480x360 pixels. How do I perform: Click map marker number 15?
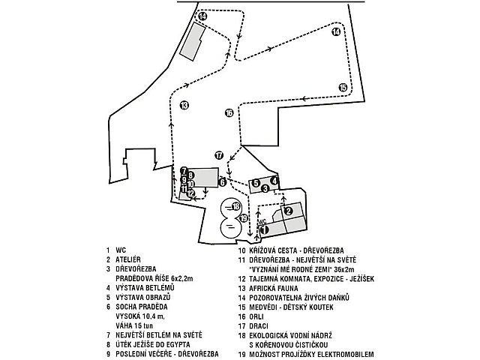(343, 87)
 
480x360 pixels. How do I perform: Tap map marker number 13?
(184, 105)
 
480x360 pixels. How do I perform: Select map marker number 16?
(229, 113)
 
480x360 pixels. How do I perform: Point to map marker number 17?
(219, 155)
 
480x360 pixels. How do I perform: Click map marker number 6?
(222, 181)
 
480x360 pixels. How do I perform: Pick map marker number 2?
(287, 211)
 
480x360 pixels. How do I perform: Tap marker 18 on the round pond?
(235, 205)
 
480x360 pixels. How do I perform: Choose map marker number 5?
(256, 183)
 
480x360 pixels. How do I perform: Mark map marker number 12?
(191, 193)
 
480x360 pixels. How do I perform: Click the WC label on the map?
(262, 223)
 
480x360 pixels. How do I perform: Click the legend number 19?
(241, 354)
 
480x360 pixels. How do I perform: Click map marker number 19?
(243, 218)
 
